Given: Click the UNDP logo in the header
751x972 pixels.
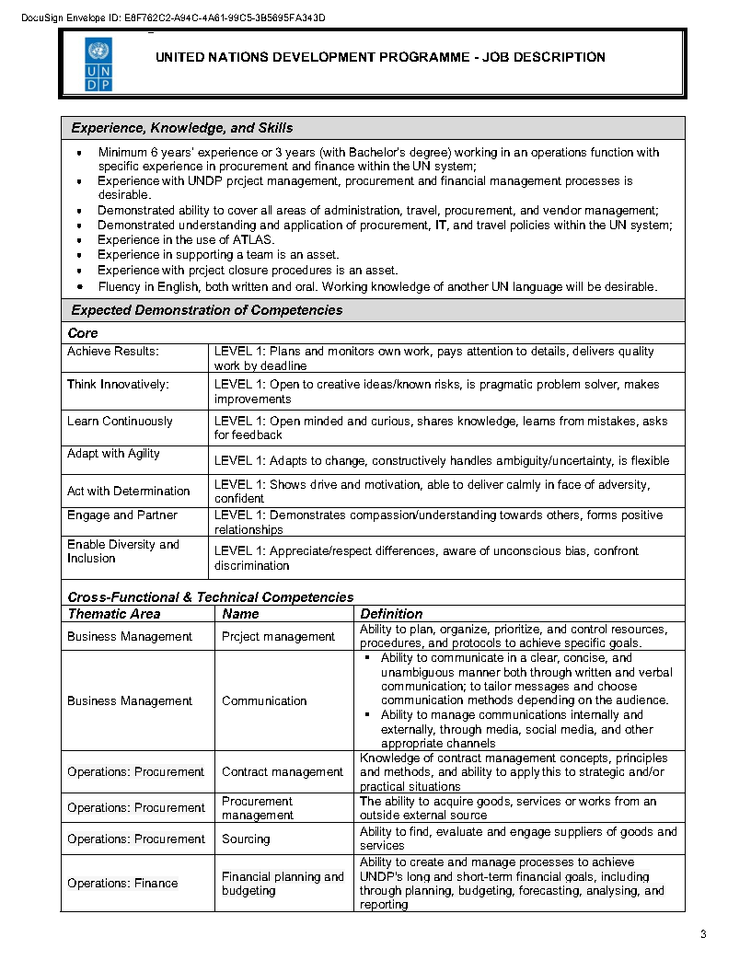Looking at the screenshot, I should coord(99,64).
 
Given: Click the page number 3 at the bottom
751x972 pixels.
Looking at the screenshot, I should coord(703,935).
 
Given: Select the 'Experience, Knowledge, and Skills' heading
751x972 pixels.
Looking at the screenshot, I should coord(182,128).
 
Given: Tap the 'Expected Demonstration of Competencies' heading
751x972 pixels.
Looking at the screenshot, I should coord(206,310).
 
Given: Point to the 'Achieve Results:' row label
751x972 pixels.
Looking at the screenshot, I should coord(112,352).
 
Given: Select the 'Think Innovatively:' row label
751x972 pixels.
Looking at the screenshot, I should coord(118,385).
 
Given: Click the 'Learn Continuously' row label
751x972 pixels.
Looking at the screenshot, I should coord(120,422).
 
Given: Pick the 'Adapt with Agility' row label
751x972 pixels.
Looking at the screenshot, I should coord(113,454).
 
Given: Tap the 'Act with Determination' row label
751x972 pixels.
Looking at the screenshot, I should coord(128,492).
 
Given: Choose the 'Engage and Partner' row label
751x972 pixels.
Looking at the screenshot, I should coord(121,515).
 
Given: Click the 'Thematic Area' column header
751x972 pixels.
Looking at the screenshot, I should coord(114,614).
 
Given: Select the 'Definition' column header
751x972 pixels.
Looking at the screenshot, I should coord(391,614).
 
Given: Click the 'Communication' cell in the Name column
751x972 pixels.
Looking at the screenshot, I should coord(264,701).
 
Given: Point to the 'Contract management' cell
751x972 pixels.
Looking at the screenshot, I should coord(282,772).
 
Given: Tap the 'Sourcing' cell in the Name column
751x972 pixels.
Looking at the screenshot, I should coord(246,839).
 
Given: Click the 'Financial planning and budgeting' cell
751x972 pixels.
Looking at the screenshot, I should coord(282,884).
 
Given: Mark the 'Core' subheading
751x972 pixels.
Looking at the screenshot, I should coord(83,333).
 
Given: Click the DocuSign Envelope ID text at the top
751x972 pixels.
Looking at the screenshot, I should coord(173,17).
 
